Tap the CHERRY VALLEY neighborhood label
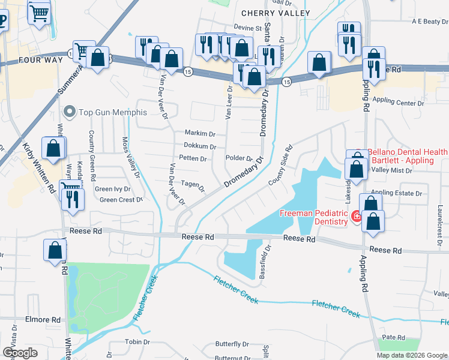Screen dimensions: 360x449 pos(276,13)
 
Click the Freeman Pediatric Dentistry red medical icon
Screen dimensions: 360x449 pos(356,215)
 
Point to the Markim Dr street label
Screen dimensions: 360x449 pos(199,133)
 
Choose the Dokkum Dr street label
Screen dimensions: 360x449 pos(199,146)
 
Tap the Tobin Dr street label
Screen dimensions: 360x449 pos(137,342)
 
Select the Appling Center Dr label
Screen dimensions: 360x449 pos(397,103)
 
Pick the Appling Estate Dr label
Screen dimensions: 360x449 pos(400,193)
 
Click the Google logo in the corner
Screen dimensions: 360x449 pos(20,353)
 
